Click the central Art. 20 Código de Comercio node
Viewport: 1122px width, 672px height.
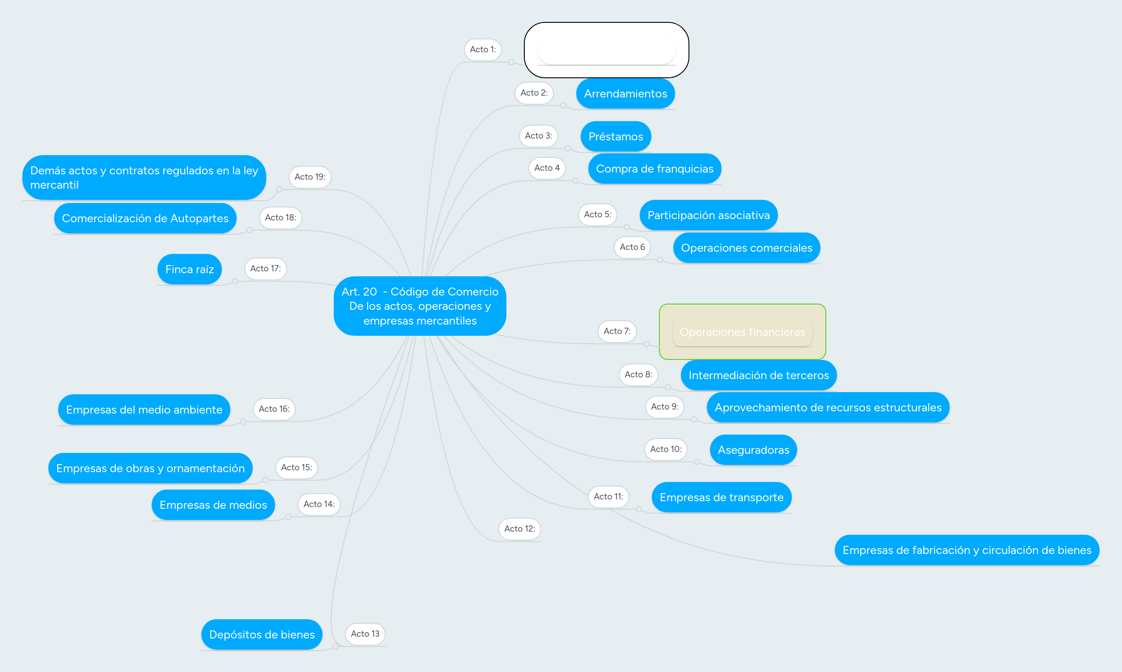pos(420,306)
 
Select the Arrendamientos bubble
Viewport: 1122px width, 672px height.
pos(625,94)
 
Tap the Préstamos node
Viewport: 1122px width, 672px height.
pos(616,136)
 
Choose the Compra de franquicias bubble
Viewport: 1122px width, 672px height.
pos(654,169)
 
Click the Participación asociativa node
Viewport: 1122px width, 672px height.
pos(709,215)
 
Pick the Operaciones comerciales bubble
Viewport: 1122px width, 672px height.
pos(747,248)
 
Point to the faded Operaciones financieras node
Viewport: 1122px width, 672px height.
pos(742,332)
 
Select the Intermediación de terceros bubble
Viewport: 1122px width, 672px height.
pos(758,376)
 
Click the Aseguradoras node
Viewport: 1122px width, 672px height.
pos(753,450)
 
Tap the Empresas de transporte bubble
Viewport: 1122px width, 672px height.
pos(721,497)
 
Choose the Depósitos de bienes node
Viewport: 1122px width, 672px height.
pos(262,634)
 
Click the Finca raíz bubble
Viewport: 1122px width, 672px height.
pos(189,270)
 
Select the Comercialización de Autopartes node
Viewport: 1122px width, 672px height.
pos(145,218)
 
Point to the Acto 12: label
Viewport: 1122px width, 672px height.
pos(519,529)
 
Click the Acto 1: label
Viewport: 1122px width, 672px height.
pos(482,49)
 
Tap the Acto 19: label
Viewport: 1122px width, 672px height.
pos(310,177)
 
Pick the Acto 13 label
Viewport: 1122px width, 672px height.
pos(365,634)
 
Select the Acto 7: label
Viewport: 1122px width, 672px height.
pos(617,331)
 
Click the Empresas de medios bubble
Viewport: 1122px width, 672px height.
pos(213,505)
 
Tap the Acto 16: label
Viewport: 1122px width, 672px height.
pos(274,409)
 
